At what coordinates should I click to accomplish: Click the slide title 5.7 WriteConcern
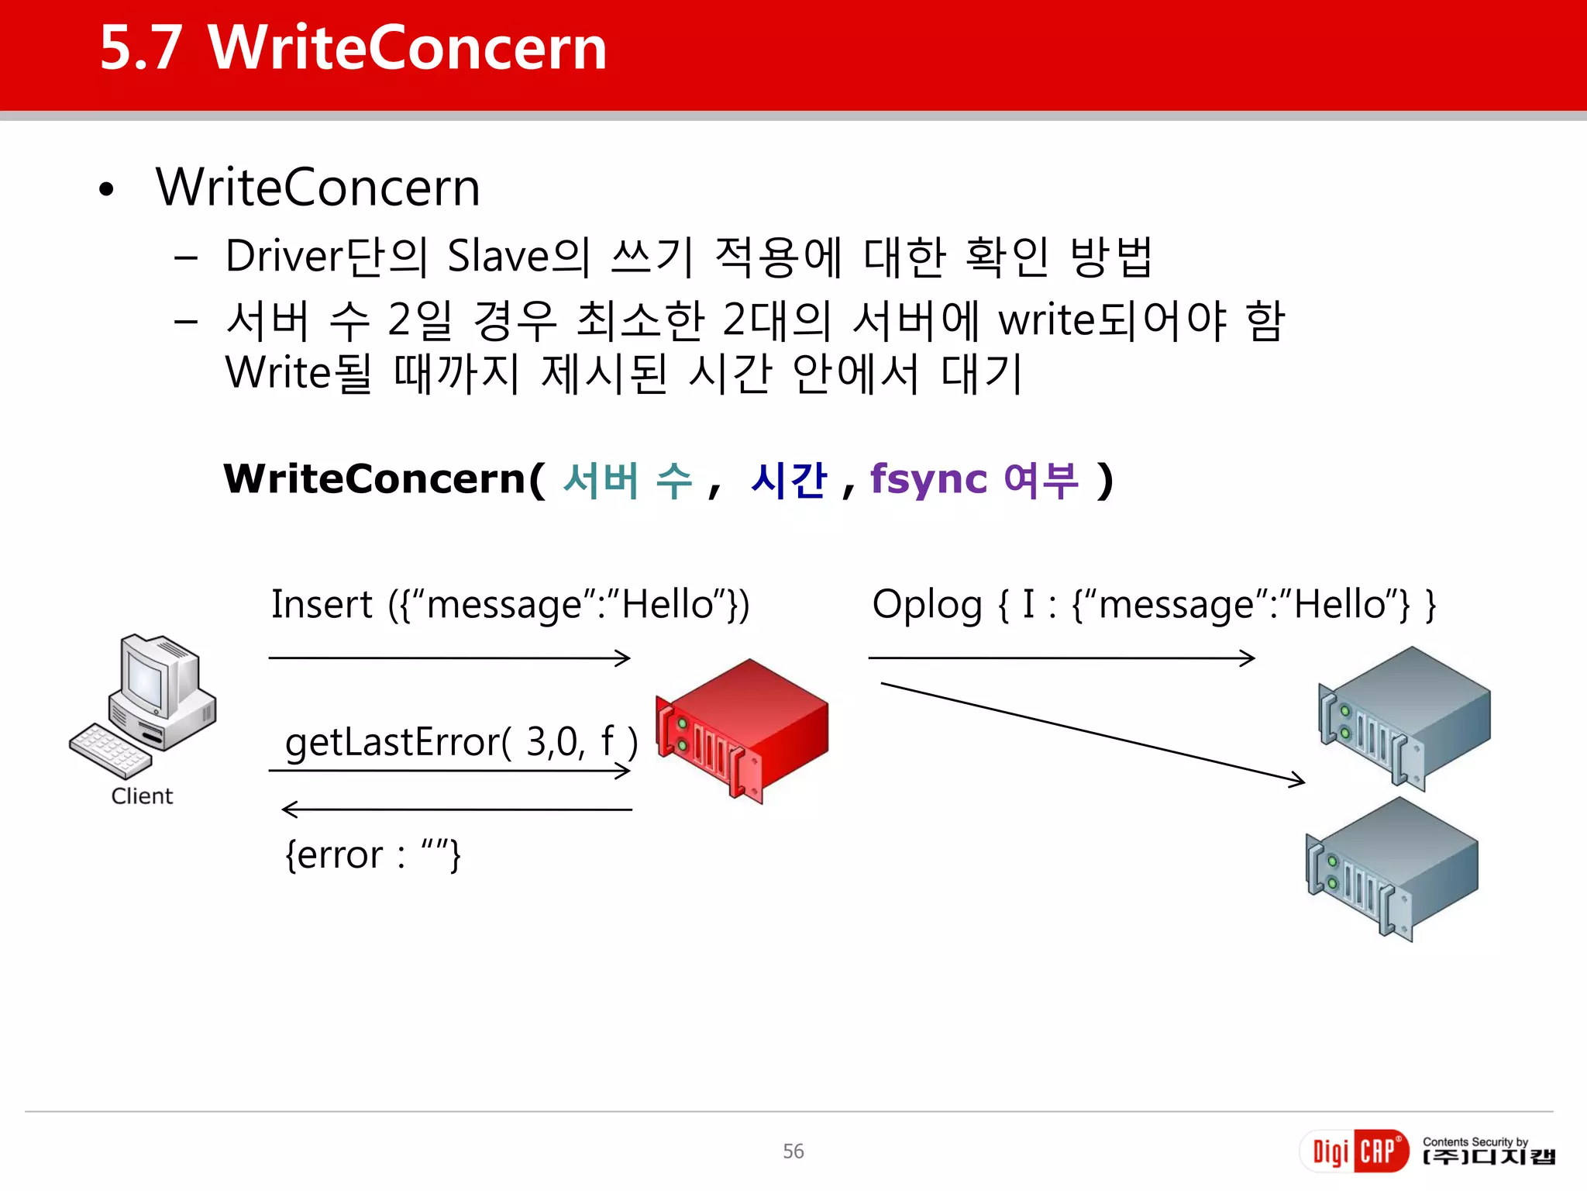pyautogui.click(x=353, y=48)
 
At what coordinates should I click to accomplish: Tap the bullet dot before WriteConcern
pyautogui.click(x=107, y=189)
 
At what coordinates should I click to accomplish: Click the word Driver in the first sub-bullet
pyautogui.click(x=284, y=257)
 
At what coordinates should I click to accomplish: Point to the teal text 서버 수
pyautogui.click(x=628, y=480)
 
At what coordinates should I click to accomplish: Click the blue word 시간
pyautogui.click(x=789, y=480)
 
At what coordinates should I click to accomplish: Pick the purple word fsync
pyautogui.click(x=928, y=480)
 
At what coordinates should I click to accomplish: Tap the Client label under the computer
pyautogui.click(x=142, y=796)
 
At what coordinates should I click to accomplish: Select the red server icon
pyautogui.click(x=742, y=730)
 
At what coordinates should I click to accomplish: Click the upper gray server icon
pyautogui.click(x=1404, y=717)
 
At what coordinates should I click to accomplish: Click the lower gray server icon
pyautogui.click(x=1392, y=868)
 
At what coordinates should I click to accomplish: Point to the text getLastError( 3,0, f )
pyautogui.click(x=461, y=742)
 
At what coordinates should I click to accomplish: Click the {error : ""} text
pyautogui.click(x=373, y=855)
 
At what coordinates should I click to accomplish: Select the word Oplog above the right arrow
pyautogui.click(x=927, y=605)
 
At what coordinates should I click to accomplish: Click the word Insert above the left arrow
pyautogui.click(x=322, y=605)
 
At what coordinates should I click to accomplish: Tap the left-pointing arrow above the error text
pyautogui.click(x=456, y=810)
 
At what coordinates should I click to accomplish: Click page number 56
pyautogui.click(x=793, y=1151)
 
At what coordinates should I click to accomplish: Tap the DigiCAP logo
pyautogui.click(x=1354, y=1151)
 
